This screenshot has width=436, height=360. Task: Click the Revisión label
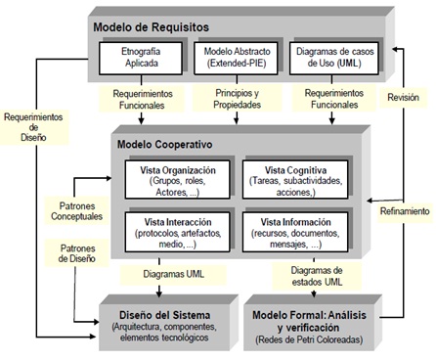[x=403, y=98]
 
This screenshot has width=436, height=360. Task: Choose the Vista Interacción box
[x=177, y=231]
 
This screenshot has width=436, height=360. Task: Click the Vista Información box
[x=290, y=231]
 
